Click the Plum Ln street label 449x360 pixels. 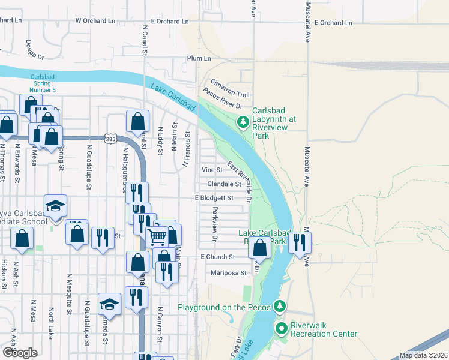(199, 58)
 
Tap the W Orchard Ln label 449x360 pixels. (95, 21)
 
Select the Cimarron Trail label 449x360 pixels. (229, 88)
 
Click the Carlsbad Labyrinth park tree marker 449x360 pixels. (243, 123)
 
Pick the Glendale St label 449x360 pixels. (224, 184)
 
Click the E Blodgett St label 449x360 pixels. (214, 198)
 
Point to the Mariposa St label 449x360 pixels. (229, 273)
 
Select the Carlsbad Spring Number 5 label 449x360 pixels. (43, 83)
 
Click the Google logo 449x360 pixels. (20, 352)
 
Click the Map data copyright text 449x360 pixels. (423, 355)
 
